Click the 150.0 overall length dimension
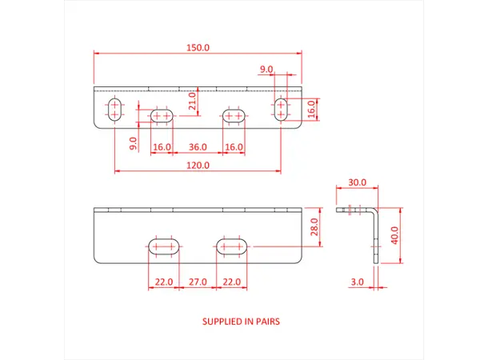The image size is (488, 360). [198, 48]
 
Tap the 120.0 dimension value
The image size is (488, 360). [198, 165]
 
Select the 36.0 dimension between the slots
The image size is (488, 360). [198, 147]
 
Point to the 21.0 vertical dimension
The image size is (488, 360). [191, 101]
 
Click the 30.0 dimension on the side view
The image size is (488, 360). [358, 182]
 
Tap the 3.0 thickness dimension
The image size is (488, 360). [357, 282]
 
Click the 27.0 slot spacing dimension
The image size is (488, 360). [198, 282]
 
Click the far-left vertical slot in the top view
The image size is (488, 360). [115, 110]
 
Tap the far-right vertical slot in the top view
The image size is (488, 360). [281, 110]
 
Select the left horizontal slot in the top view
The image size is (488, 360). [162, 117]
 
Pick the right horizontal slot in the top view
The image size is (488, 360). [234, 117]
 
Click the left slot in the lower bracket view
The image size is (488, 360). [163, 245]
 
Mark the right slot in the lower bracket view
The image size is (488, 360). [233, 245]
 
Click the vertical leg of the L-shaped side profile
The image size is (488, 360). [374, 237]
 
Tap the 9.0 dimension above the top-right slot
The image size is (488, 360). [266, 69]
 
